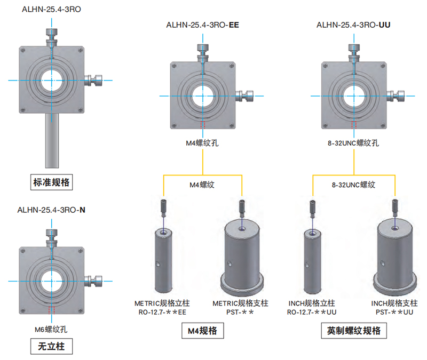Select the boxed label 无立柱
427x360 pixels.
pos(51,347)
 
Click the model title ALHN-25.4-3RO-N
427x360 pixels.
pos(51,210)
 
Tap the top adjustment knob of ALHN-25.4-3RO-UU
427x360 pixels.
pos(353,49)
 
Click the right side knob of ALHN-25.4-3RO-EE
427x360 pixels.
pos(247,96)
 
